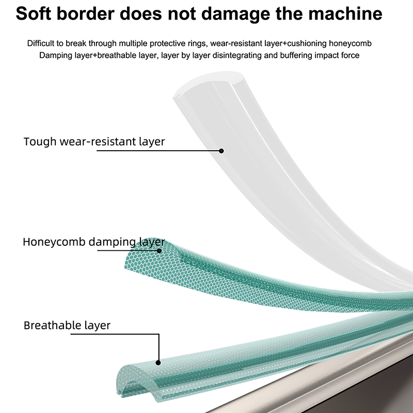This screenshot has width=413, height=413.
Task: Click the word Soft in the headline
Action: click(x=33, y=13)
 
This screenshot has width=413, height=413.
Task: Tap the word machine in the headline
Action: click(x=345, y=13)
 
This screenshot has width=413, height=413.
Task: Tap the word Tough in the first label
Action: click(x=40, y=141)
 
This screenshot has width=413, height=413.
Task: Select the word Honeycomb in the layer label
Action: click(x=54, y=242)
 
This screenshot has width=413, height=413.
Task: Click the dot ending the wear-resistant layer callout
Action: click(x=221, y=151)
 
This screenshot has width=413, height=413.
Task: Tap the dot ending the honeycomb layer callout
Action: click(x=159, y=250)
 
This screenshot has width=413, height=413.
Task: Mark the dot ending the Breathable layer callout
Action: click(x=158, y=363)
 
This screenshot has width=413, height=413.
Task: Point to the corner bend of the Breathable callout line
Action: click(x=159, y=334)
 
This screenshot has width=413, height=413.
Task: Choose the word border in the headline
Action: click(x=85, y=13)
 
